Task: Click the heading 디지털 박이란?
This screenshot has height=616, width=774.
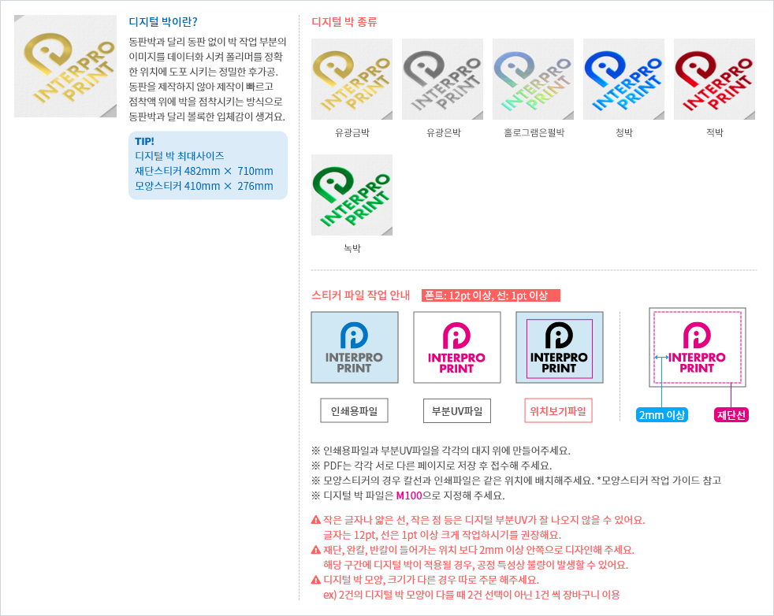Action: click(x=163, y=21)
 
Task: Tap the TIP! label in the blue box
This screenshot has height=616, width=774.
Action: click(x=144, y=141)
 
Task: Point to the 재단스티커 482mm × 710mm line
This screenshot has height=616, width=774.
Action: click(x=204, y=171)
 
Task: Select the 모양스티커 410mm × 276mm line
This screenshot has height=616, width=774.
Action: click(x=204, y=186)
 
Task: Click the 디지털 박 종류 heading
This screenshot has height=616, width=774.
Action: click(x=344, y=21)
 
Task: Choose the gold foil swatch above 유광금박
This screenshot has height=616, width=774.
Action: click(x=352, y=79)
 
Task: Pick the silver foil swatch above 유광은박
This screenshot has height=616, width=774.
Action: click(x=442, y=79)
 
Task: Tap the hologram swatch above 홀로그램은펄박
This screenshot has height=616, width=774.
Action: click(x=533, y=79)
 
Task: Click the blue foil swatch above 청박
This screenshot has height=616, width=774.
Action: click(x=623, y=79)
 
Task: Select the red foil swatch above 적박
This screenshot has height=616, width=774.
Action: click(x=714, y=79)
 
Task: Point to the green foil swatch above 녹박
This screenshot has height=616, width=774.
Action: click(x=352, y=195)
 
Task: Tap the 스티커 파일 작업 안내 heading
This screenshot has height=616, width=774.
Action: click(x=360, y=296)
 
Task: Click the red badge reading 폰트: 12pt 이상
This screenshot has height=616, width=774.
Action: click(x=490, y=296)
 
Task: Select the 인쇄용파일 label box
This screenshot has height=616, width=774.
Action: click(x=354, y=411)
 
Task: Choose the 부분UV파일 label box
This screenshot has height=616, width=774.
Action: click(x=456, y=411)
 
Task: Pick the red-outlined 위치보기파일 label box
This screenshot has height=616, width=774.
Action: click(x=559, y=411)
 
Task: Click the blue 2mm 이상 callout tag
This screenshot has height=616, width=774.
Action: click(x=662, y=415)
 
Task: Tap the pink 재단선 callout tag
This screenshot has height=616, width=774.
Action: click(x=731, y=415)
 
